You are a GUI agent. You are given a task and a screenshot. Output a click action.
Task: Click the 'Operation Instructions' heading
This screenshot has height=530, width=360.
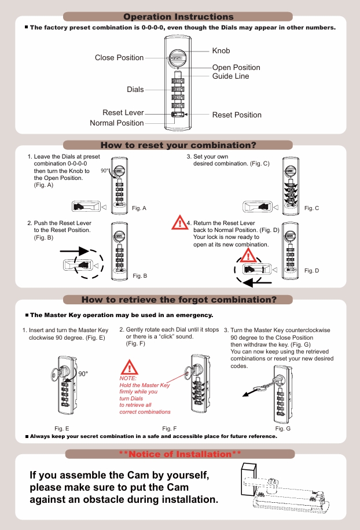[x=178, y=17]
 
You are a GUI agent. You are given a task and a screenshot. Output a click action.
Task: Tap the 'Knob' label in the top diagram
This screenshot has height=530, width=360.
[x=221, y=51]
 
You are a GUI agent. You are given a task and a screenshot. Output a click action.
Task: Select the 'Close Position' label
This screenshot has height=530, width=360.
[x=119, y=58]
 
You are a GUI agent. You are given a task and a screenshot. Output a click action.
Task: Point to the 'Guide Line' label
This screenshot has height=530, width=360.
[x=230, y=76]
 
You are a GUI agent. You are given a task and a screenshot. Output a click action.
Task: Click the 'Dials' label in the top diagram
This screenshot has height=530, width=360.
[x=135, y=90]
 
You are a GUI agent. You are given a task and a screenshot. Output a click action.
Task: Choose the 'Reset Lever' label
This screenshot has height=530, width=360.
[x=123, y=113]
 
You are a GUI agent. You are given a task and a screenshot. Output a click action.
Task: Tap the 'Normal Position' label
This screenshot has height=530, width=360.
[x=116, y=123]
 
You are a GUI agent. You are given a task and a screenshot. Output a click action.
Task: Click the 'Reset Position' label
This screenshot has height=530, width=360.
[x=237, y=115]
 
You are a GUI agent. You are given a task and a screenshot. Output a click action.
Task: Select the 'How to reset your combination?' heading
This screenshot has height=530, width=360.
[x=178, y=145]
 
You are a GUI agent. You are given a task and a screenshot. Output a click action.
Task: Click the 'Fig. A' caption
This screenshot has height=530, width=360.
[x=139, y=208]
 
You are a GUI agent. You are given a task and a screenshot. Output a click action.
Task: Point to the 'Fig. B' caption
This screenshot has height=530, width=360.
[x=139, y=276]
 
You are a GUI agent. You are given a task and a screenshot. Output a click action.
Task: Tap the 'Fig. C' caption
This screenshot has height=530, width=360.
[x=311, y=208]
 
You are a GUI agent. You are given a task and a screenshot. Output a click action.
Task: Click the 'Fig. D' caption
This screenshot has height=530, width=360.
[x=311, y=271]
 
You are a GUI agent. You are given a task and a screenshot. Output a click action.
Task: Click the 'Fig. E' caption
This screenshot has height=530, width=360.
[x=62, y=428]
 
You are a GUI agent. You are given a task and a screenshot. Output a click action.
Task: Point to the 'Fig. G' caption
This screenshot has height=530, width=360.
[x=283, y=429]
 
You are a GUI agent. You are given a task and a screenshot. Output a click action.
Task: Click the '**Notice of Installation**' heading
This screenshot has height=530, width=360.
[x=179, y=454]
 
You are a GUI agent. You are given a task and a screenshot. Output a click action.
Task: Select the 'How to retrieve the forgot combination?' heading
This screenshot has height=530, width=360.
[x=179, y=300]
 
